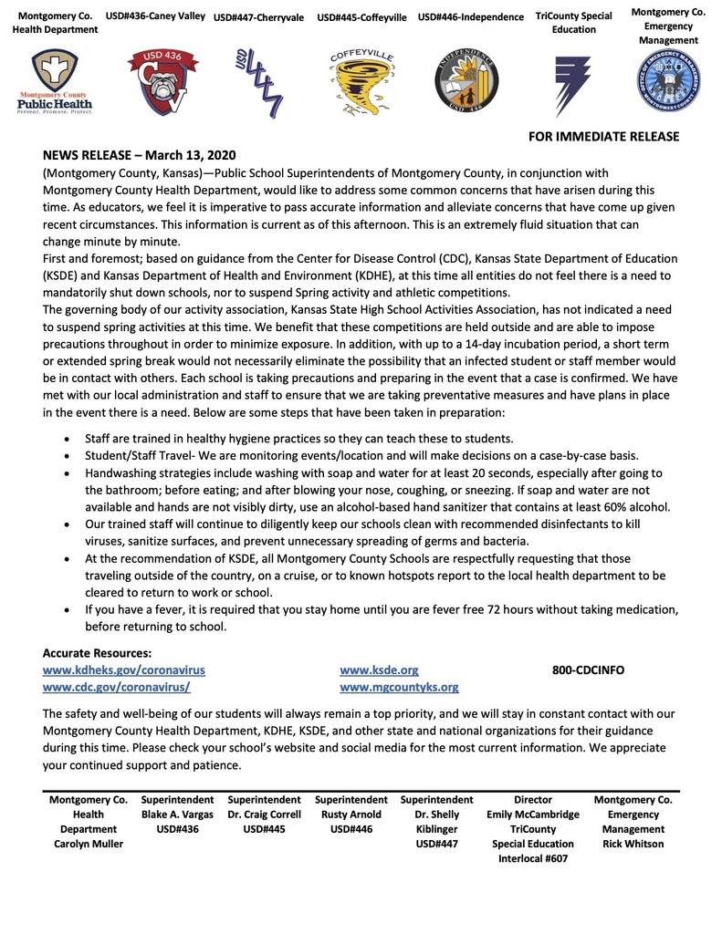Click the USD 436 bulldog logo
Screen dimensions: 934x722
coord(155,84)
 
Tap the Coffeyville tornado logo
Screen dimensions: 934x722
coord(362,84)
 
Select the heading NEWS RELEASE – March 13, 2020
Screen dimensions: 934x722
coord(139,155)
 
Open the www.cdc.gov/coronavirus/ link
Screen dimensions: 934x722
coord(116,687)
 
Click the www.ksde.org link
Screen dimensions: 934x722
coord(379,669)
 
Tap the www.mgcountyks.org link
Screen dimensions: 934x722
coord(399,687)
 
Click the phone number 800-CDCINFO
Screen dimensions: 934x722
coord(588,669)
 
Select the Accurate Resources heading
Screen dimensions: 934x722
coord(97,652)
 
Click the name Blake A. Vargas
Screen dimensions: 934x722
coord(177,815)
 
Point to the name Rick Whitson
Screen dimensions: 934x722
coord(633,844)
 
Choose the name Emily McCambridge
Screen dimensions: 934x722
coord(533,815)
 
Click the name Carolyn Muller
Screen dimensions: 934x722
coord(88,844)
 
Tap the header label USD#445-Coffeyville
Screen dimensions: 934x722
coord(362,17)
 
